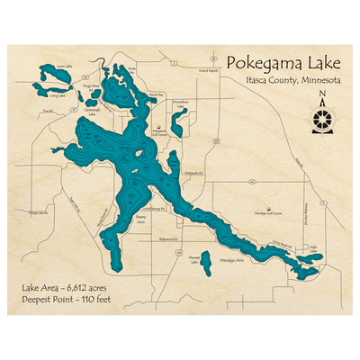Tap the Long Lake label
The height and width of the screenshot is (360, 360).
pos(58,94)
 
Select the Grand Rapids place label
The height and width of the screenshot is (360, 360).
pos(208,69)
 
